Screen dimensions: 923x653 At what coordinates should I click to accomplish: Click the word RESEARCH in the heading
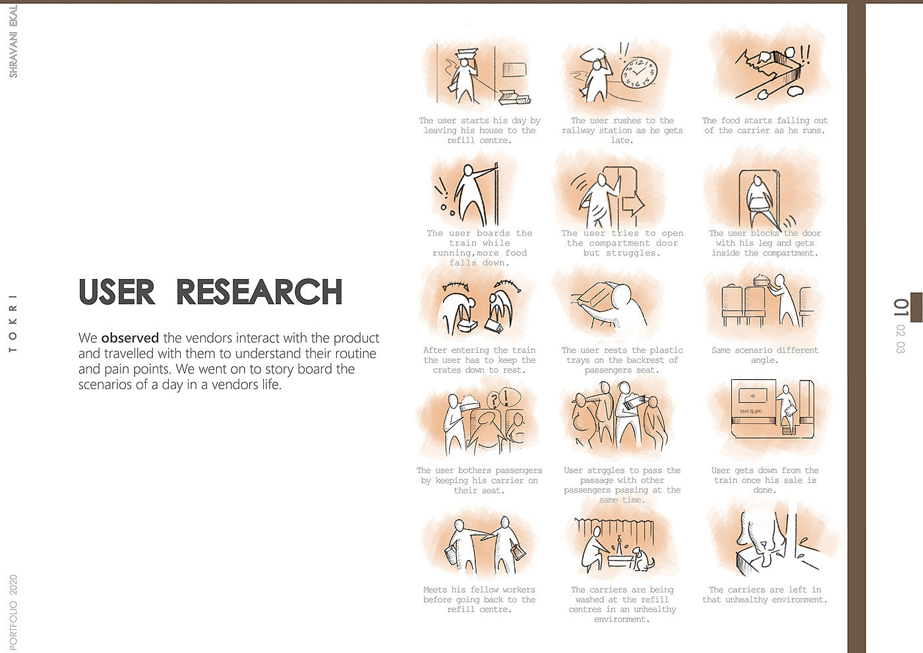click(x=259, y=292)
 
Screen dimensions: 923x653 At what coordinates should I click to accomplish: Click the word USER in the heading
click(x=117, y=292)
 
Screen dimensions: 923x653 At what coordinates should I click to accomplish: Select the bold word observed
click(x=130, y=338)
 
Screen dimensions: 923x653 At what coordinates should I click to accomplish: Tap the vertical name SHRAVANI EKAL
click(x=13, y=42)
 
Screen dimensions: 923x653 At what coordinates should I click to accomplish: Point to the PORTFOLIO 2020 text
click(x=13, y=612)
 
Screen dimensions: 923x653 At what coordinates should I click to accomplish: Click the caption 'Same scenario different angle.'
click(x=765, y=355)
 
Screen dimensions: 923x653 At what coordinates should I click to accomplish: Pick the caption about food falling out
click(x=765, y=125)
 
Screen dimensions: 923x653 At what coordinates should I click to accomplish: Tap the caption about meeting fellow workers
click(x=479, y=600)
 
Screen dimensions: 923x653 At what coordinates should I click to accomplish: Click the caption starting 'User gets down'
click(x=765, y=480)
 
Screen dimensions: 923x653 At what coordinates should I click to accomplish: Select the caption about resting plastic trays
click(x=622, y=359)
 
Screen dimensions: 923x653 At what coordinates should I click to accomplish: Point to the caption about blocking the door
click(x=765, y=243)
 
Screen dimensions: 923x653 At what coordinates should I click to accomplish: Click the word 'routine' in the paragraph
click(x=354, y=354)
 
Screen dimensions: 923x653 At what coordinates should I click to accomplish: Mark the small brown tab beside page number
click(x=916, y=307)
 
